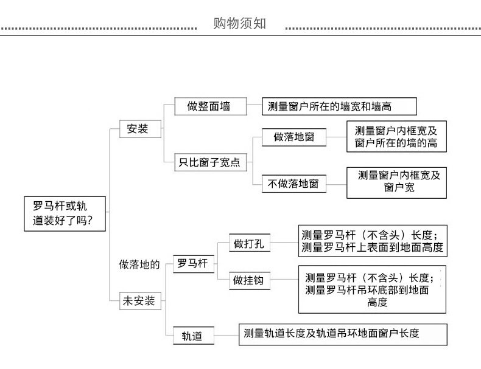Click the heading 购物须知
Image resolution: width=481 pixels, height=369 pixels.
point(240,24)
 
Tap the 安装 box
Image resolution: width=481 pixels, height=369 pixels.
point(137,129)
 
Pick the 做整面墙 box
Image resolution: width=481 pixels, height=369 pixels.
point(209,106)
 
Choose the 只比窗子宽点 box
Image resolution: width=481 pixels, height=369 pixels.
point(209,162)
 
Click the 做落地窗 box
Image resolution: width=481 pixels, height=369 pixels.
point(293,137)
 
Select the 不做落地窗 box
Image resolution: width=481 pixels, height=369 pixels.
point(293,183)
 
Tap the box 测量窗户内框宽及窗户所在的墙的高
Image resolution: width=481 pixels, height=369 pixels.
point(396,137)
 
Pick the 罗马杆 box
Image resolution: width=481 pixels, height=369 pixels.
point(192,263)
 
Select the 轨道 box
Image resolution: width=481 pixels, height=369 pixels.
point(192,335)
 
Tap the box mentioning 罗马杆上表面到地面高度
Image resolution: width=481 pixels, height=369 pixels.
point(372,241)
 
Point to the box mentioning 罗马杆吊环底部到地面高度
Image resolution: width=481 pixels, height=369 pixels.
point(371,289)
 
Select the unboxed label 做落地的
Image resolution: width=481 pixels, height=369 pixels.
point(139,264)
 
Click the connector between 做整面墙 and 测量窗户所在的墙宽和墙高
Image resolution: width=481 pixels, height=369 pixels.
point(255,106)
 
